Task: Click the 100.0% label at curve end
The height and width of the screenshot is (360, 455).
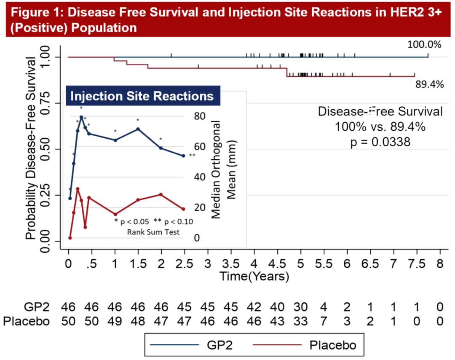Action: point(424,44)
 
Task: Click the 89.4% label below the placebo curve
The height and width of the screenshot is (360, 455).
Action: point(429,84)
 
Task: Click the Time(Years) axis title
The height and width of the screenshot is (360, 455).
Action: point(254,277)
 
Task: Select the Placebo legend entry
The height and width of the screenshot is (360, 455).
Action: point(332,345)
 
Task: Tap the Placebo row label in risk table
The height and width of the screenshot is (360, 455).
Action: point(26,321)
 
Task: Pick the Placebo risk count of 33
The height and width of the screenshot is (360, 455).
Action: point(300,321)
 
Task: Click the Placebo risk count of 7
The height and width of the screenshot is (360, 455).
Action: point(323,321)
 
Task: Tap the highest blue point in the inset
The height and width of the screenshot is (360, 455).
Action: point(81,117)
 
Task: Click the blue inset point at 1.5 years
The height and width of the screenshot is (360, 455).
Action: point(138,129)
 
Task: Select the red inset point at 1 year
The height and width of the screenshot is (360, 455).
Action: point(115,214)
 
